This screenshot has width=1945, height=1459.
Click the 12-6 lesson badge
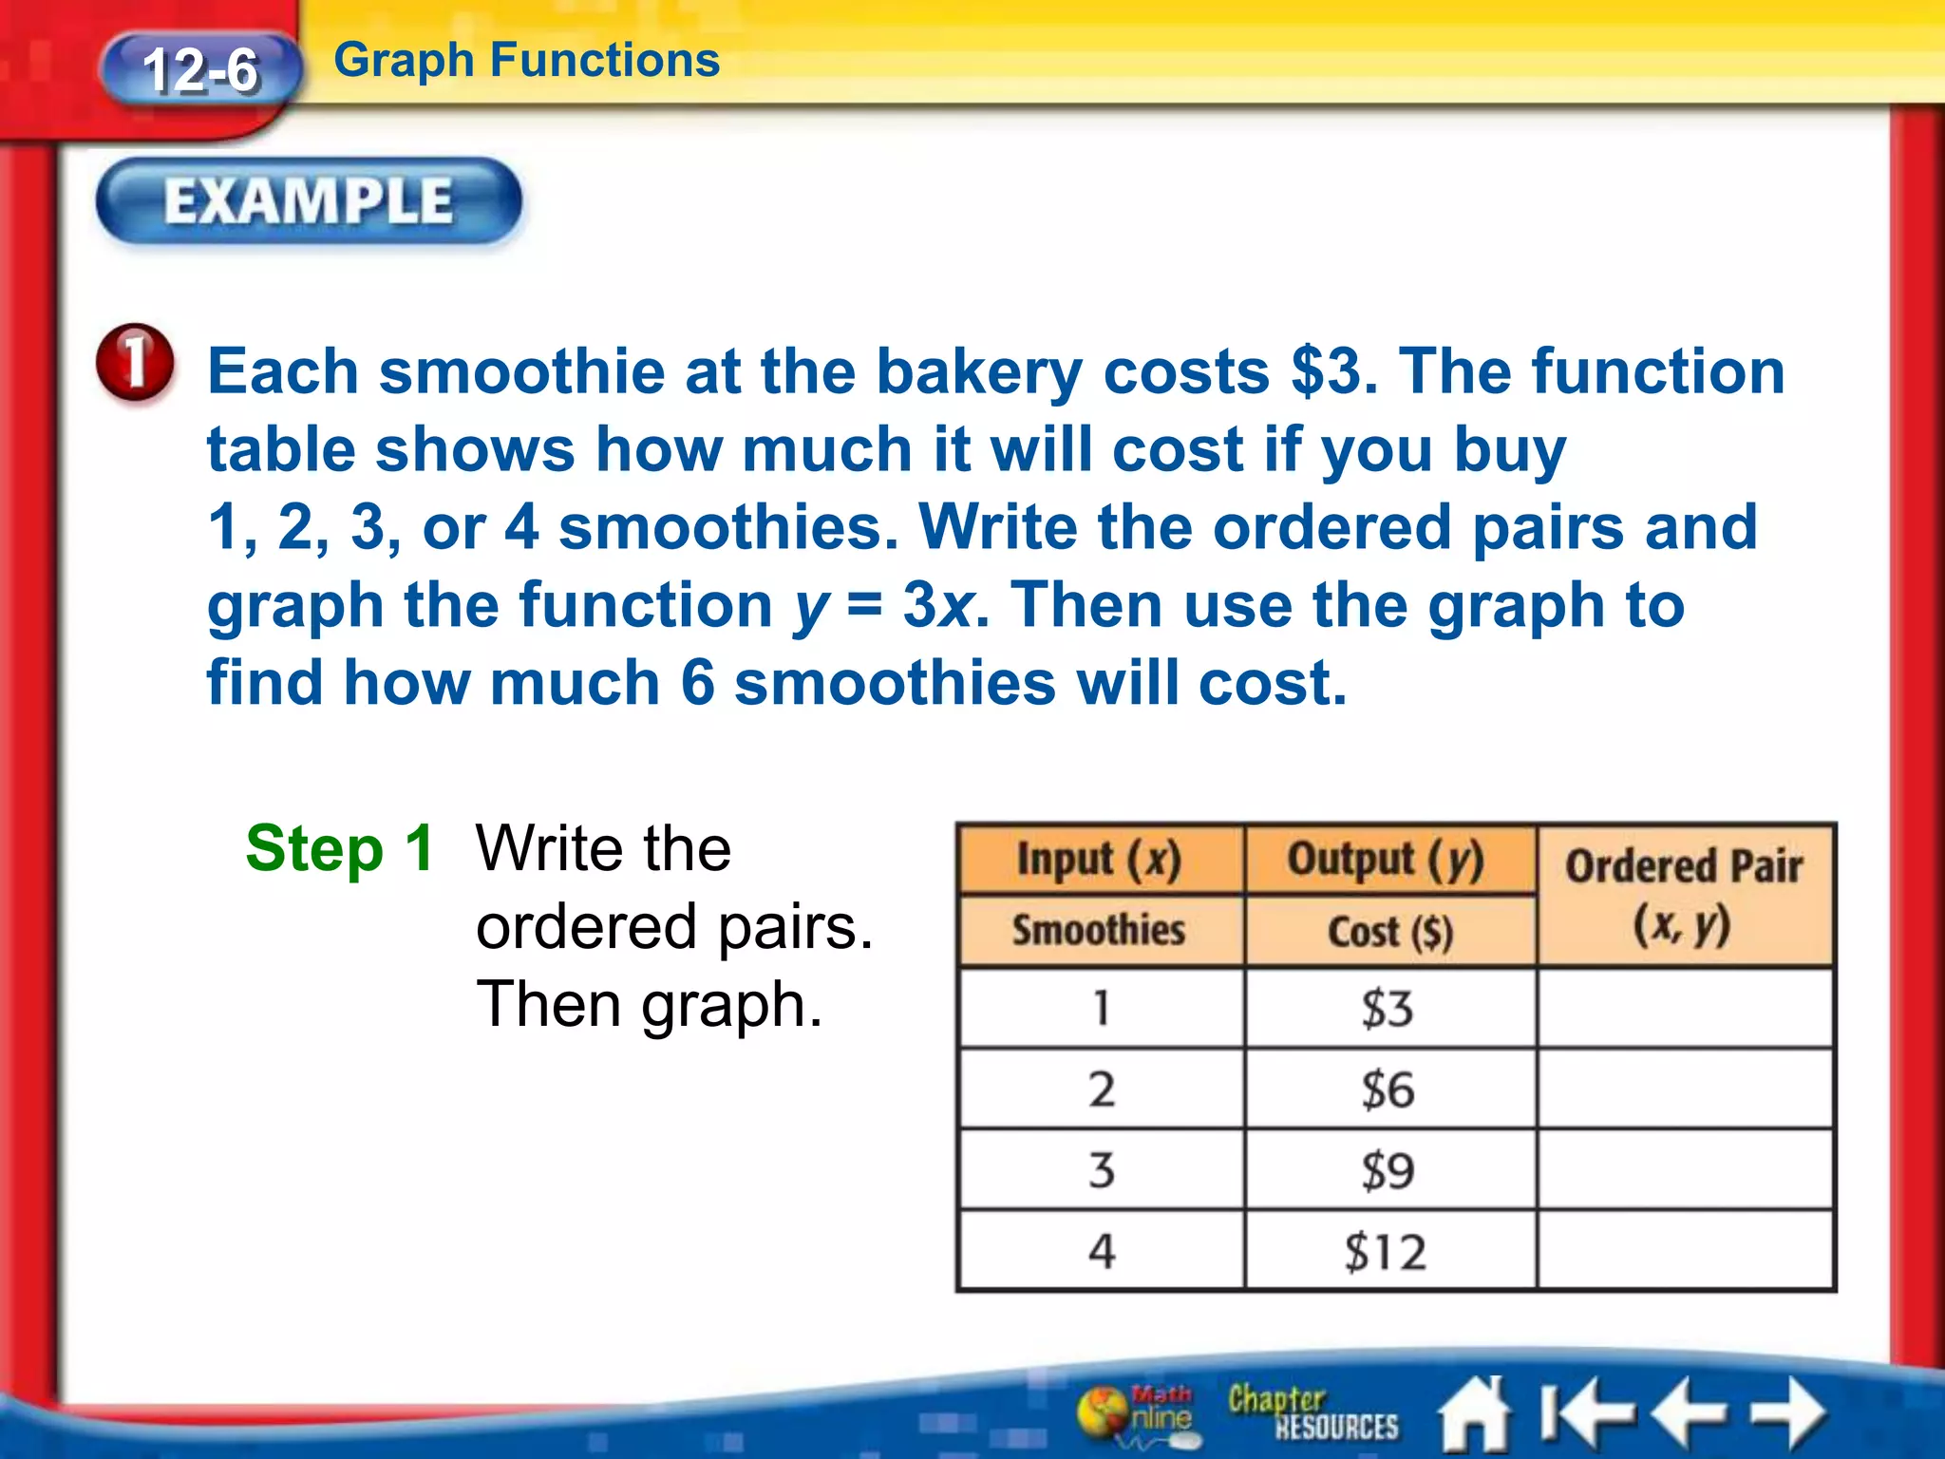click(x=200, y=70)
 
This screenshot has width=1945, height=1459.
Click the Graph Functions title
click(x=527, y=61)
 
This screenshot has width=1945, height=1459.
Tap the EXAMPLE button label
click(x=309, y=201)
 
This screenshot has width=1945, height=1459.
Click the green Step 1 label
click(x=339, y=848)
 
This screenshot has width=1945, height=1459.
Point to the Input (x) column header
click(x=1100, y=860)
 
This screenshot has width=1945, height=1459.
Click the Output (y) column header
click(x=1388, y=860)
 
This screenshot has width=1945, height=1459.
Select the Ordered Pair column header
click(x=1684, y=894)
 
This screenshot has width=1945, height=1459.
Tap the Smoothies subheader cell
click(x=1100, y=930)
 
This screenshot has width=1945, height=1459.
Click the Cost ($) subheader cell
click(x=1389, y=931)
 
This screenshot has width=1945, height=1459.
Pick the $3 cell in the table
click(x=1388, y=1009)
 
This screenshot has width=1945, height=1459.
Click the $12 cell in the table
click(x=1388, y=1251)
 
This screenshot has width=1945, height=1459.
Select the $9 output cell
click(x=1388, y=1170)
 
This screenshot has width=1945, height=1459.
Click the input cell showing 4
click(x=1101, y=1251)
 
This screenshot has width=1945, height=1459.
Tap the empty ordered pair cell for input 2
click(x=1684, y=1090)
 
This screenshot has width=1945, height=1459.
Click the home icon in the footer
click(x=1475, y=1414)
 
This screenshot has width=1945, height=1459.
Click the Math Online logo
click(x=1140, y=1412)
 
